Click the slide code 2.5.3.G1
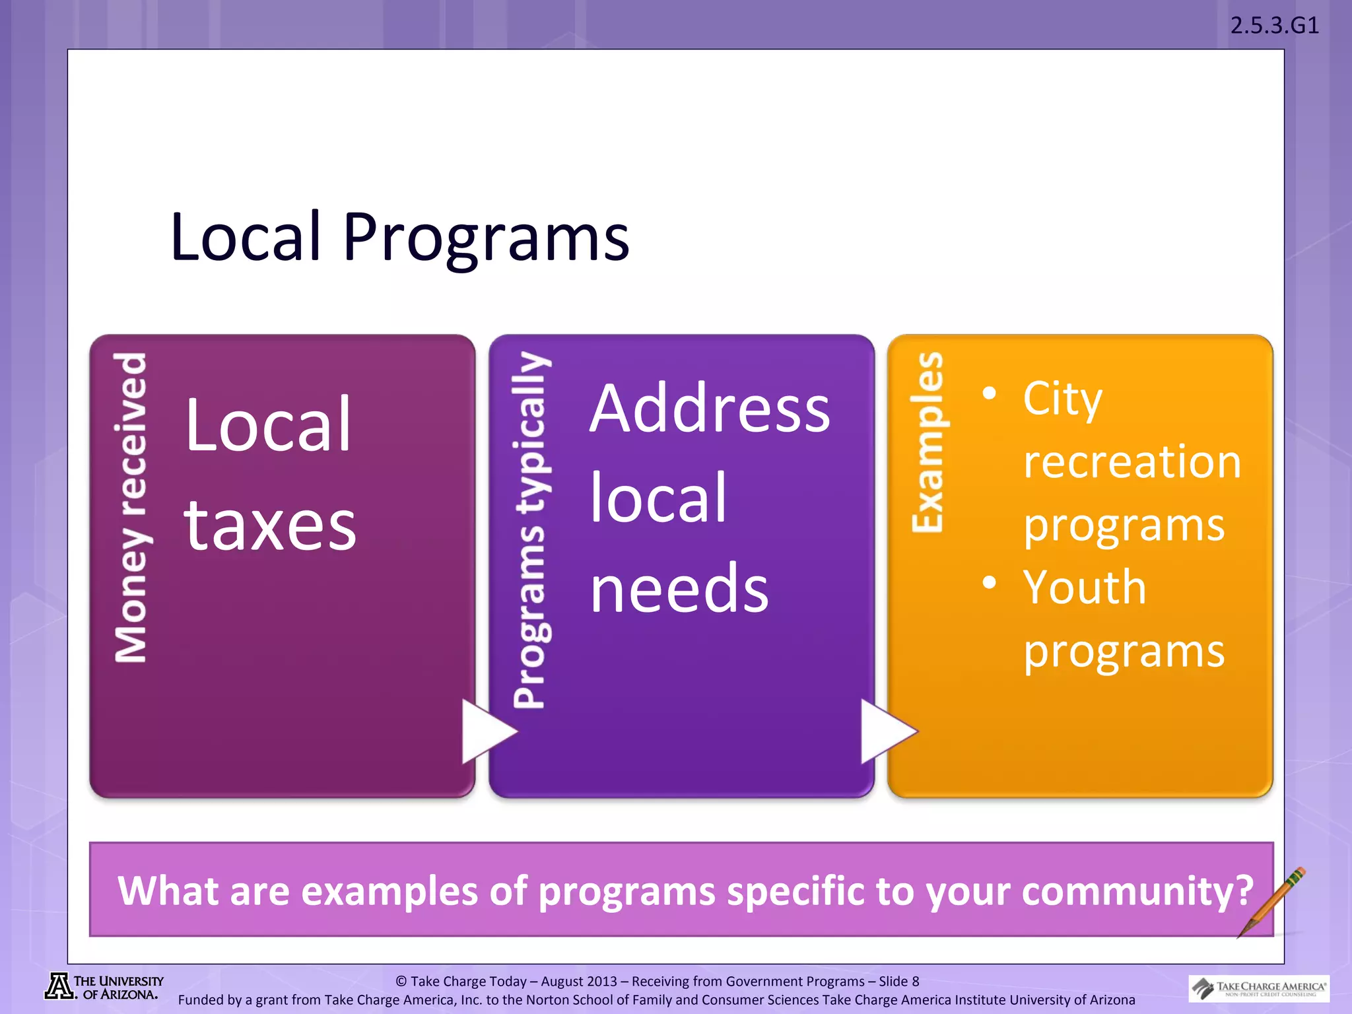point(1274,26)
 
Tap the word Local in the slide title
point(246,236)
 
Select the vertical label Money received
point(131,507)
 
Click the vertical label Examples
point(927,442)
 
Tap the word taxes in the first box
point(270,525)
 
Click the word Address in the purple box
point(710,409)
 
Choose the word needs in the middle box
point(679,588)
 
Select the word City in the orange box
point(1062,399)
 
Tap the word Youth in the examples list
point(1085,587)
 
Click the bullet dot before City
point(989,393)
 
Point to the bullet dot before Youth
point(989,582)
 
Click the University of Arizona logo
point(104,988)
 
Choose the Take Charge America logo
point(1259,988)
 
